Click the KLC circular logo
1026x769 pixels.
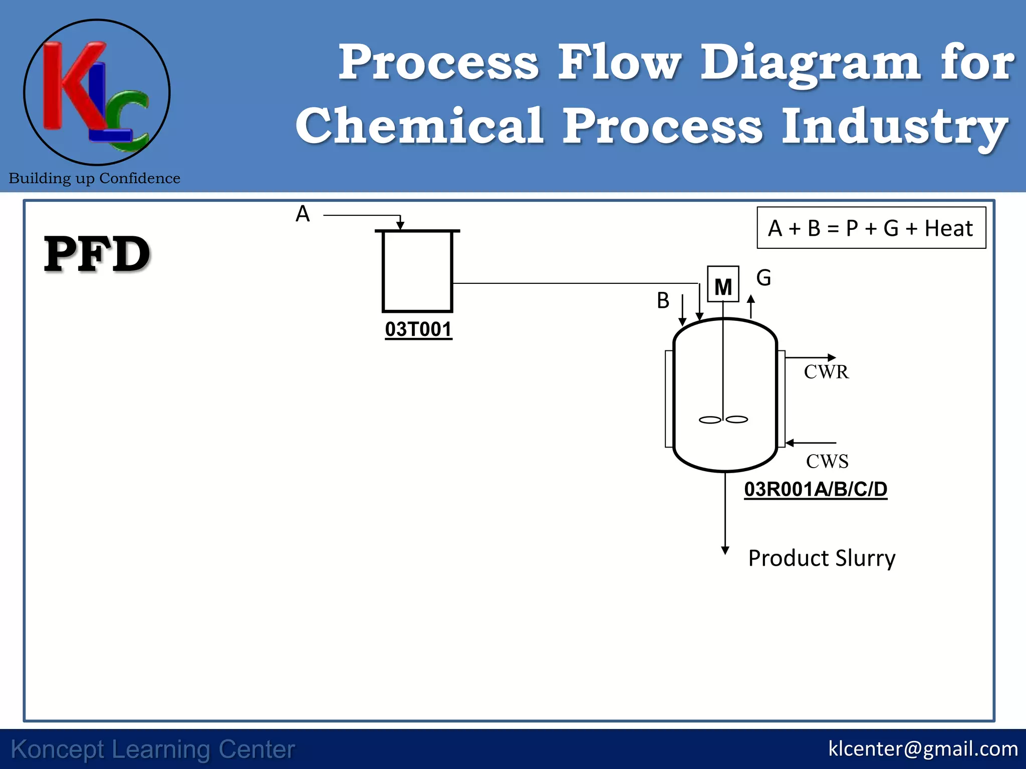[97, 93]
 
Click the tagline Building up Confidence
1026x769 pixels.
[94, 178]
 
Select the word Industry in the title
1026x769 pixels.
[895, 126]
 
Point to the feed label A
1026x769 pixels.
[303, 214]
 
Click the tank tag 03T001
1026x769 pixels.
[418, 329]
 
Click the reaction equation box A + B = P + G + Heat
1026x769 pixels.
[871, 228]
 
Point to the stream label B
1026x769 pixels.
[663, 301]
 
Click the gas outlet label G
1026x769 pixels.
[763, 278]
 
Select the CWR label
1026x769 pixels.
[826, 372]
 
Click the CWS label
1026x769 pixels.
[827, 461]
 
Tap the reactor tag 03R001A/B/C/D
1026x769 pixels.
[816, 489]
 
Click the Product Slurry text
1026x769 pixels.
[822, 558]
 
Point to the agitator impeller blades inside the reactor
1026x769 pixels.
[723, 420]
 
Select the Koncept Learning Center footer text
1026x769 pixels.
[153, 749]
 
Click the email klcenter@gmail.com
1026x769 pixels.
[923, 749]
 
